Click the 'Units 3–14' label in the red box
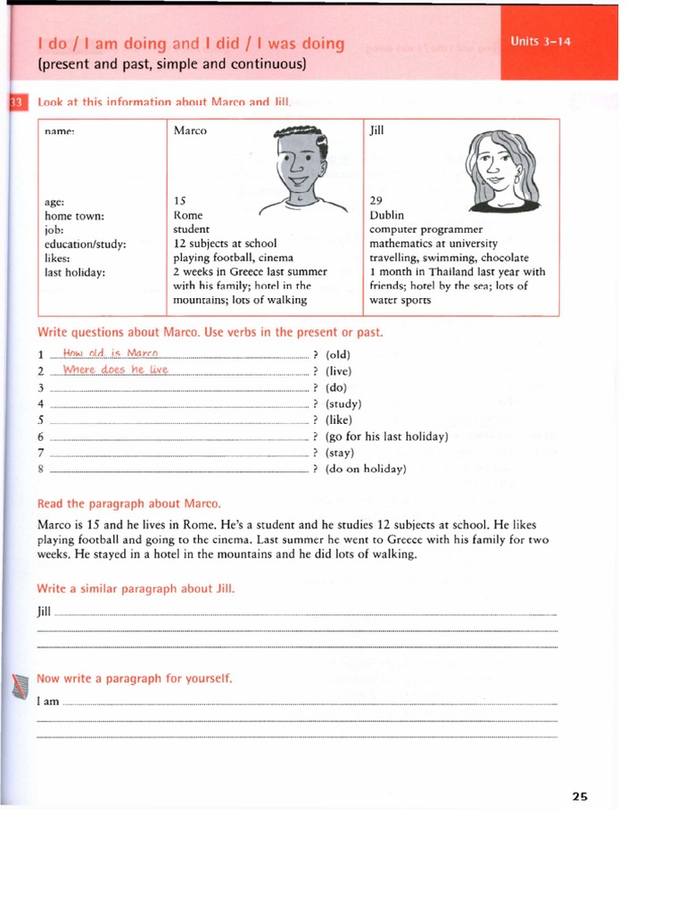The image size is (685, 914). pos(541,41)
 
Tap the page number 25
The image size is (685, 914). pos(580,797)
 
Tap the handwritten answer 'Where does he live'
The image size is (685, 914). pos(115,370)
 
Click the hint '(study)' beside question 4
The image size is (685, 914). pos(343,403)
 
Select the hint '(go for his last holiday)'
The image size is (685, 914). pos(386,436)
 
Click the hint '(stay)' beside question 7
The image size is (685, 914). pos(340,453)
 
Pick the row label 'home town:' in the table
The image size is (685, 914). pos(74,215)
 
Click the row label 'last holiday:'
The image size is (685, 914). pos(75,272)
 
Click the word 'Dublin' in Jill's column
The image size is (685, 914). pos(386,215)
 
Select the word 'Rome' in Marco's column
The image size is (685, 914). pos(188,215)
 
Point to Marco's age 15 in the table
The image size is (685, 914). pos(179,201)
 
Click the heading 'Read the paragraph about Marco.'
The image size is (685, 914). pos(128,503)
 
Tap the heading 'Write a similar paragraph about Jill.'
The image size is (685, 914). pos(136,589)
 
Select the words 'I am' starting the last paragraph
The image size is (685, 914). pos(47,702)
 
